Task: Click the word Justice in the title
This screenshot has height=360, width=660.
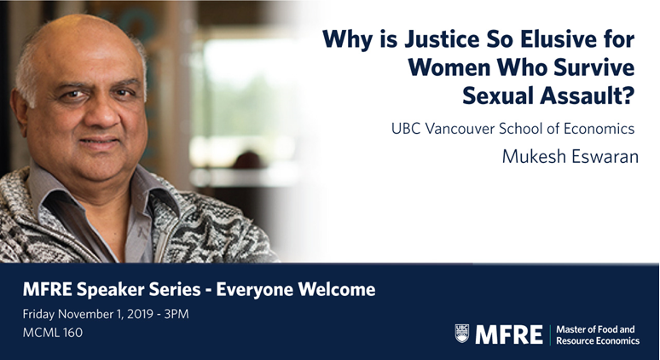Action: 442,39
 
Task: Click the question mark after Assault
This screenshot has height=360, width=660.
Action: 628,96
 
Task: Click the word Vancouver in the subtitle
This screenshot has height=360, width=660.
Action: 460,129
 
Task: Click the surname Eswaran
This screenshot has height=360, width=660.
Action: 605,156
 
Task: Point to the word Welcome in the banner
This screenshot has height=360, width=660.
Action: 337,290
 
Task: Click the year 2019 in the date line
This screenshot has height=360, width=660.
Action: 140,314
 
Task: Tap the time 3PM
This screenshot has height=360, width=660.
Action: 177,314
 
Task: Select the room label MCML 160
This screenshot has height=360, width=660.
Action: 53,333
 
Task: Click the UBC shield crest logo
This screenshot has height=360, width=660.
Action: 462,334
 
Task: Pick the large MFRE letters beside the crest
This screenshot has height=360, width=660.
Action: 509,334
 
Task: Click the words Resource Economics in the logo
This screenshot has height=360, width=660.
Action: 598,340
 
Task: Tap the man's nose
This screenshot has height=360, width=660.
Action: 98,113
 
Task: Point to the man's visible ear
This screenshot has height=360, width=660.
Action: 20,113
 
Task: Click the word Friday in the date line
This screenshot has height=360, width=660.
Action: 38,314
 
